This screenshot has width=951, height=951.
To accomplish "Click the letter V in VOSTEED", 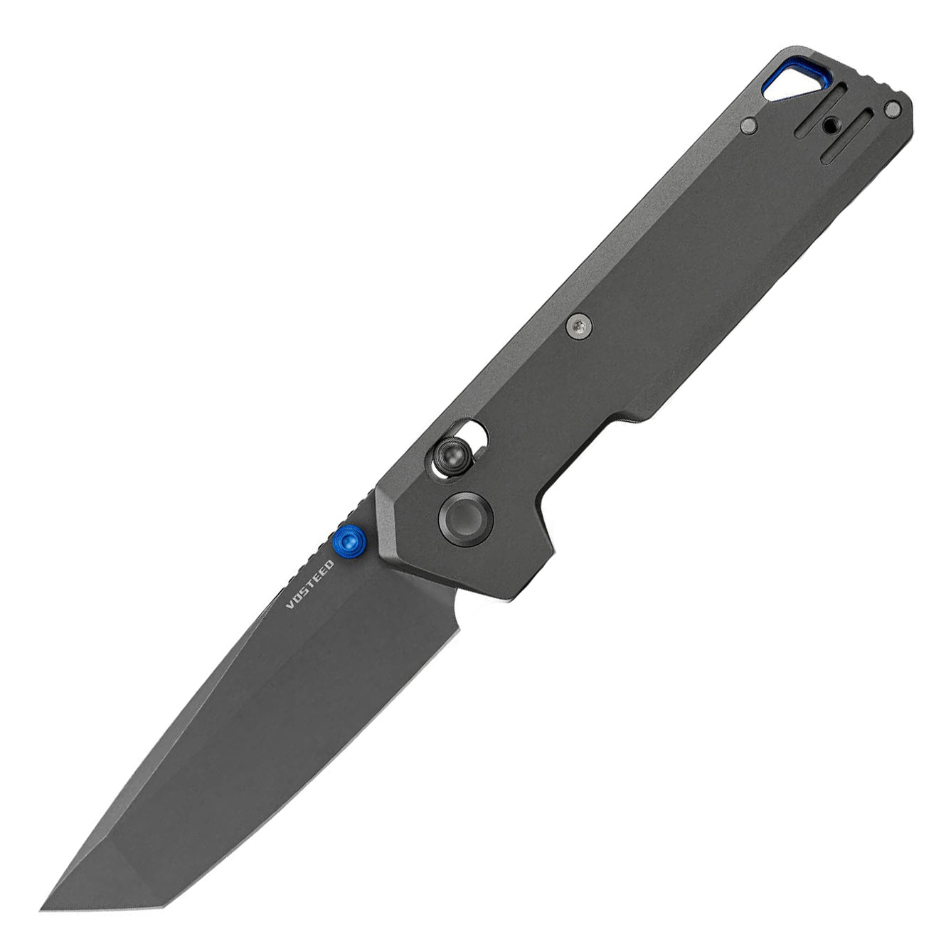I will click(289, 605).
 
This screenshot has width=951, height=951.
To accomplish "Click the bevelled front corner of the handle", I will click(384, 498).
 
